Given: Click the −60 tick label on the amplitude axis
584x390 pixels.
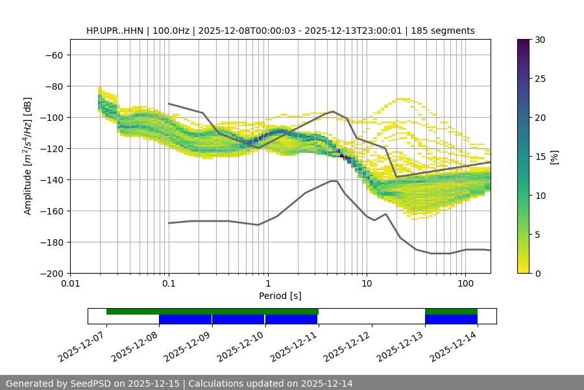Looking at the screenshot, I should click(55, 55).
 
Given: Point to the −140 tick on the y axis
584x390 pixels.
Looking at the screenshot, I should click(55, 180).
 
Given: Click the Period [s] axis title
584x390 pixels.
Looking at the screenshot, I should click(280, 296).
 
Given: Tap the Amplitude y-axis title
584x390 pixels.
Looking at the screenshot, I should click(28, 156).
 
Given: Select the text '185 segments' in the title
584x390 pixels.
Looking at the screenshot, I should click(444, 31).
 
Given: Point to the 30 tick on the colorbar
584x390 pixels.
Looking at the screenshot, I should click(539, 40).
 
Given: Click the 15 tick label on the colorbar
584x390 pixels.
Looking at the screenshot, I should click(539, 157).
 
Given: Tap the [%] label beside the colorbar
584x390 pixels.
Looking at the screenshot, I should click(554, 157).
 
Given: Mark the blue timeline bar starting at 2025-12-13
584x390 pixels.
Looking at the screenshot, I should click(451, 319).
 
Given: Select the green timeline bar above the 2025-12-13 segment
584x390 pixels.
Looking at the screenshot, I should click(451, 311).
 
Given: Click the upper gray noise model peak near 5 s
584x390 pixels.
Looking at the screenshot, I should click(333, 111).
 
